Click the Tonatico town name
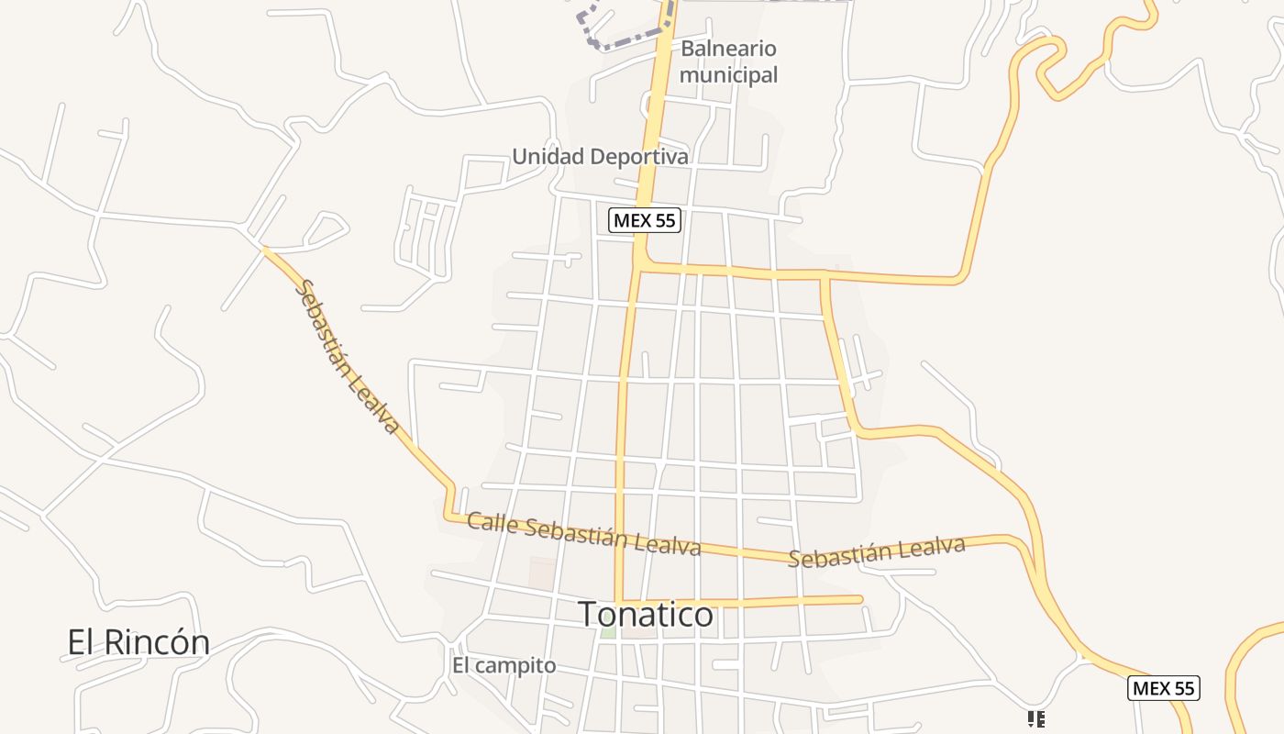coord(646,614)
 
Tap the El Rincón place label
coord(138,641)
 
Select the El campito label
coord(504,665)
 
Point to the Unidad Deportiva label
coord(600,156)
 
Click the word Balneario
coord(728,49)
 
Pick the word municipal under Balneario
coord(728,74)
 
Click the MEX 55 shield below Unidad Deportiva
coord(646,220)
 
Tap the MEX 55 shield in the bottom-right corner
coord(1164,688)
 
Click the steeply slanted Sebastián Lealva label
coord(348,357)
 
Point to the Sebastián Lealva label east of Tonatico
coord(876,552)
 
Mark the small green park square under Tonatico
coord(607,632)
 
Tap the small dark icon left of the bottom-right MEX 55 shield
coord(1036,719)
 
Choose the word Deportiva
coord(639,156)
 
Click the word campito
coord(516,666)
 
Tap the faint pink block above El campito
coord(542,574)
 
